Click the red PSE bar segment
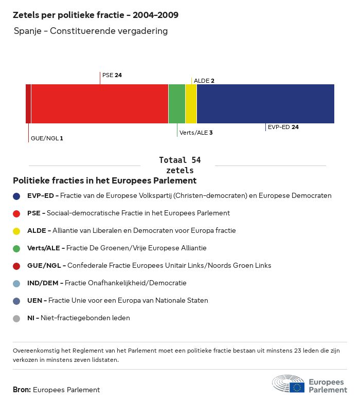click(99, 104)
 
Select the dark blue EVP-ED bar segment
click(265, 104)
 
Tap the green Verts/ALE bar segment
click(176, 104)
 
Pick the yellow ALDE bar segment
click(191, 104)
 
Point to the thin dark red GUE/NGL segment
click(28, 104)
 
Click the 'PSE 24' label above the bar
click(112, 75)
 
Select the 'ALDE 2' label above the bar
click(204, 81)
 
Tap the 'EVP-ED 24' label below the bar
click(283, 127)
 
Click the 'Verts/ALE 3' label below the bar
click(196, 133)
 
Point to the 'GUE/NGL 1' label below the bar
click(47, 138)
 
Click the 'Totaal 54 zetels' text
click(180, 165)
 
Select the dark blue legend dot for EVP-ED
click(16, 196)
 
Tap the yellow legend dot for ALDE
click(16, 231)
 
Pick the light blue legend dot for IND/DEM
click(16, 283)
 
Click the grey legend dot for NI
click(16, 318)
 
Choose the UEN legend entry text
click(118, 300)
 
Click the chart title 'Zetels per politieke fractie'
click(96, 15)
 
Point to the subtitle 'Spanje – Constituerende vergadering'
click(91, 31)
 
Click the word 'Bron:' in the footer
click(22, 390)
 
